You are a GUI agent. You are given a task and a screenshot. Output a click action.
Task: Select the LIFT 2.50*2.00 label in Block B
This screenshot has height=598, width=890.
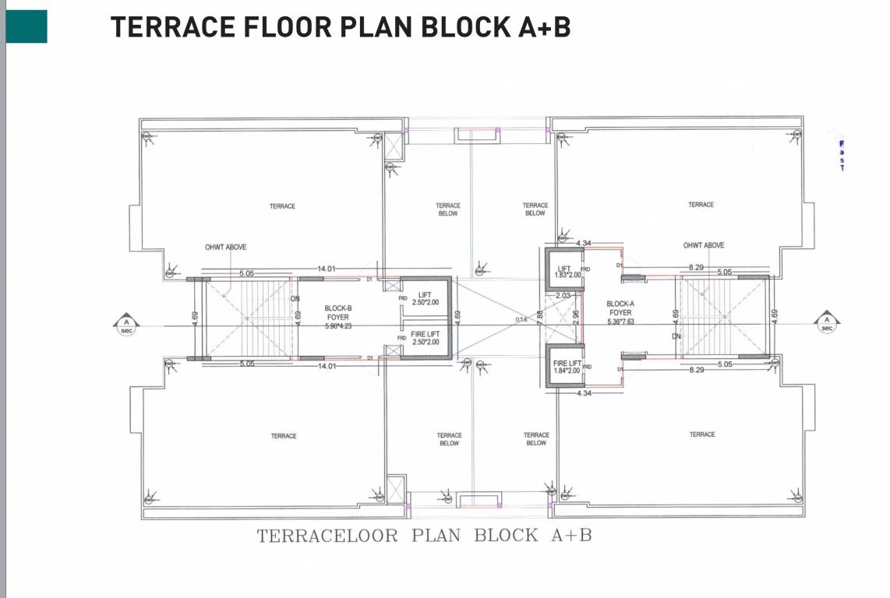coord(425,298)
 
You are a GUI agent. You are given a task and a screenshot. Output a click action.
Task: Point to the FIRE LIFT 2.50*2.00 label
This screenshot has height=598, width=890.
coord(425,338)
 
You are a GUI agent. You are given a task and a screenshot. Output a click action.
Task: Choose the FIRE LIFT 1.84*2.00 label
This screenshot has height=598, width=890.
coord(567,367)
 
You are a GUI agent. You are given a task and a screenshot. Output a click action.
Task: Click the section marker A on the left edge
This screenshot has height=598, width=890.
coord(125,323)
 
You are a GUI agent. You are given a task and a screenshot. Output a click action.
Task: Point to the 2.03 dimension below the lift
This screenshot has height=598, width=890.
coord(563,296)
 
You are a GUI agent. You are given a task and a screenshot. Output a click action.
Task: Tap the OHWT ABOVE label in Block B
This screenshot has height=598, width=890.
coord(225,247)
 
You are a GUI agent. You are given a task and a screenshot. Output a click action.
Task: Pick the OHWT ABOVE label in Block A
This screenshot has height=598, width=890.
coord(703,245)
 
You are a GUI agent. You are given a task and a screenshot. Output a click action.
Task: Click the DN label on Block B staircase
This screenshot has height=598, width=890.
coord(295,298)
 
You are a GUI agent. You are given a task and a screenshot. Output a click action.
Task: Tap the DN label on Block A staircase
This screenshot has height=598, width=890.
coord(676,336)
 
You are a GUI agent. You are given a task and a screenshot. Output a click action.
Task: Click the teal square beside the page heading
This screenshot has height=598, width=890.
coord(26,26)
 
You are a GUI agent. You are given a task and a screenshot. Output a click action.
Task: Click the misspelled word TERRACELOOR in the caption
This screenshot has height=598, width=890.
coord(327,536)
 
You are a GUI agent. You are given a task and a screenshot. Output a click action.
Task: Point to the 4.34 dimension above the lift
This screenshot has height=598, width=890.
coord(584,244)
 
